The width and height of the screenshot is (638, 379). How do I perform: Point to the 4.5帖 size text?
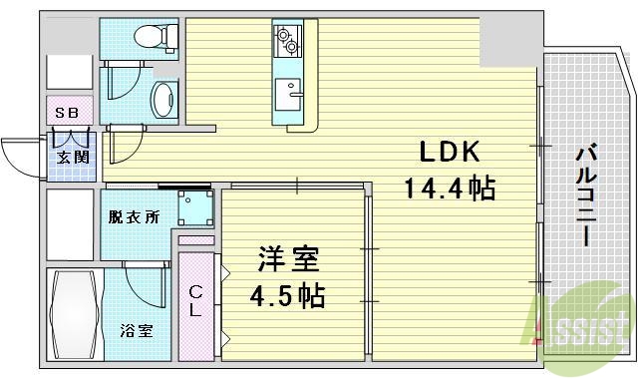pyautogui.click(x=287, y=296)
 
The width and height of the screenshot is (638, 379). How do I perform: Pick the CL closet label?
pyautogui.click(x=196, y=300)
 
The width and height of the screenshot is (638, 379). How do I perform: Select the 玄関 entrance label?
pyautogui.click(x=69, y=156)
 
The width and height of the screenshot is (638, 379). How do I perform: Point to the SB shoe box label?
pyautogui.click(x=68, y=112)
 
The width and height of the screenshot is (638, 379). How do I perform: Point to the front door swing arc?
pyautogui.click(x=20, y=155)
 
